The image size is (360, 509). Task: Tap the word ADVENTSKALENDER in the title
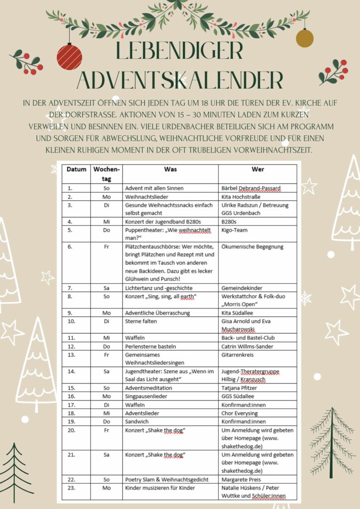pos(180,80)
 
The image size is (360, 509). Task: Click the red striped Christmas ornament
pos(69,56)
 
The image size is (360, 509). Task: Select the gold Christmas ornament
pos(305,38)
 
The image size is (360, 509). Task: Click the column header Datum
pos(77,169)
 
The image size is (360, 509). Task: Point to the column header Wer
pos(258,169)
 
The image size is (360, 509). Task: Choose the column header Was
pos(170,169)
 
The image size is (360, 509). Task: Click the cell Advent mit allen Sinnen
pos(155,188)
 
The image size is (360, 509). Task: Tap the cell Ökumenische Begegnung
pos(252,247)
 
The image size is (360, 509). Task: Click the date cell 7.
pos(70,288)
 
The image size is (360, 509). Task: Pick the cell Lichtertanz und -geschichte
pos(159,288)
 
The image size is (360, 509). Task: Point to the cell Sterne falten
pos(141,321)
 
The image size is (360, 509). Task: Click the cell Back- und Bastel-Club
pos(248,338)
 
